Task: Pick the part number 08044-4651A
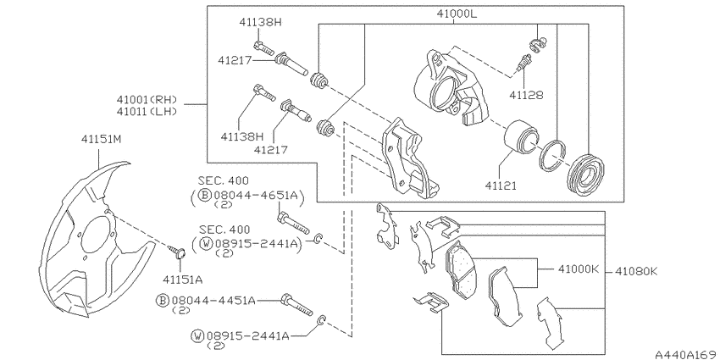click(x=250, y=194)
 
